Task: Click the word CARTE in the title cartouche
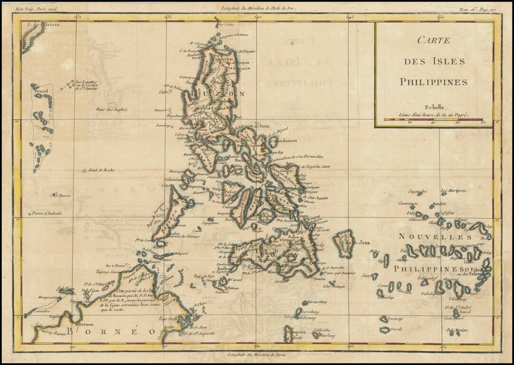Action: (433, 40)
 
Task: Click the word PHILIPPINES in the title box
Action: (433, 82)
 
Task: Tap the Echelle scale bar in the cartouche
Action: (433, 119)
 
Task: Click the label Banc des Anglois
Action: (112, 110)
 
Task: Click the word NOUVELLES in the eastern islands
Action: (435, 237)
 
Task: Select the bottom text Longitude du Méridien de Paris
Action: (258, 355)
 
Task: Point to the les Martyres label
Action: (453, 192)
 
